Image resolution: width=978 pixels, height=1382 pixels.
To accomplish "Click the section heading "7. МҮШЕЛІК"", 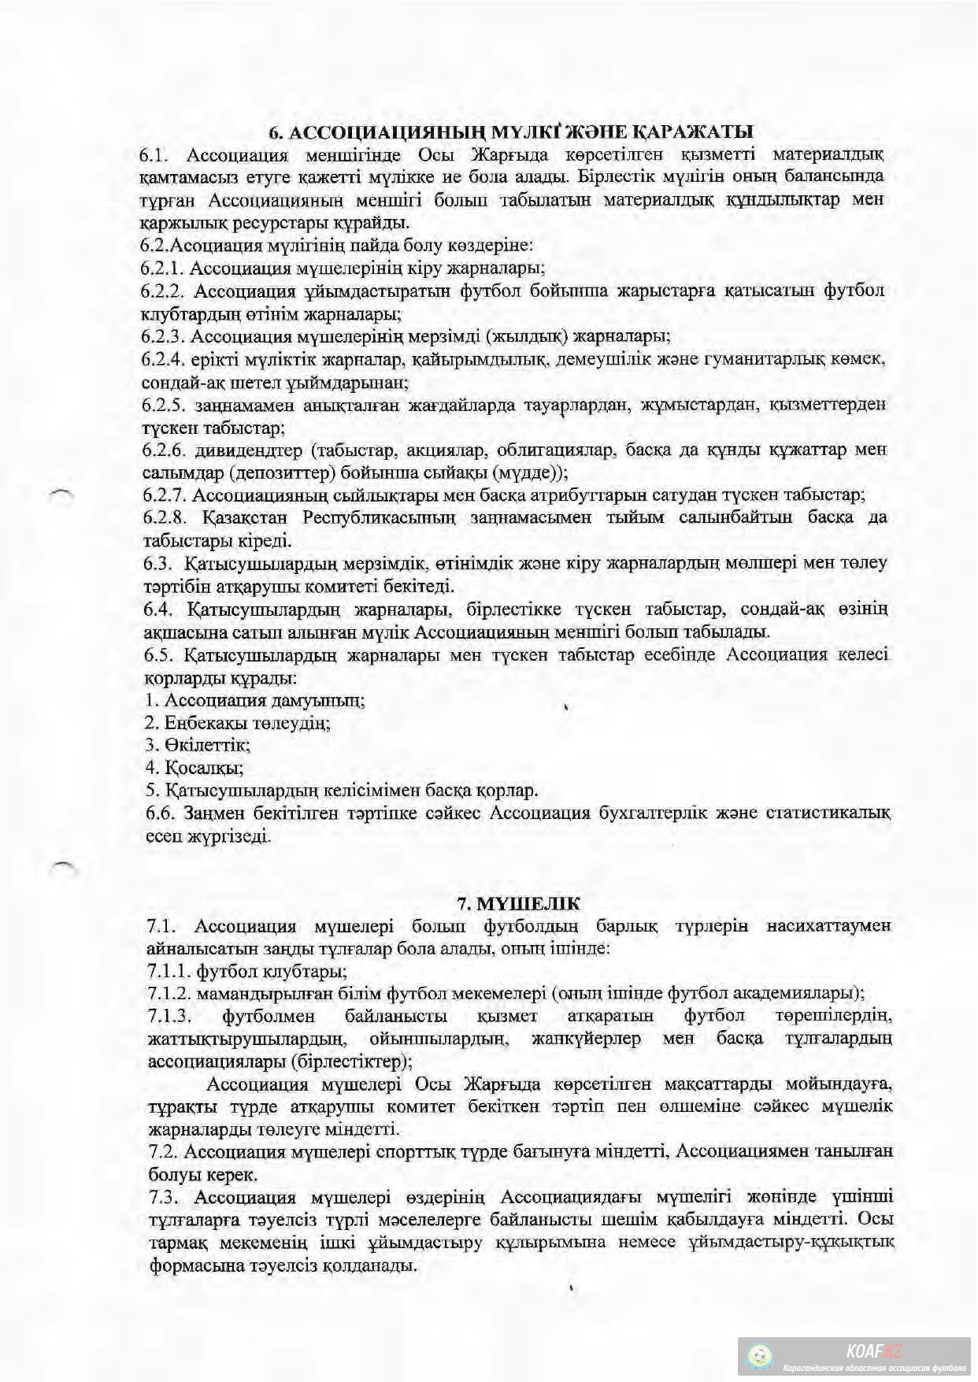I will (x=519, y=902).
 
